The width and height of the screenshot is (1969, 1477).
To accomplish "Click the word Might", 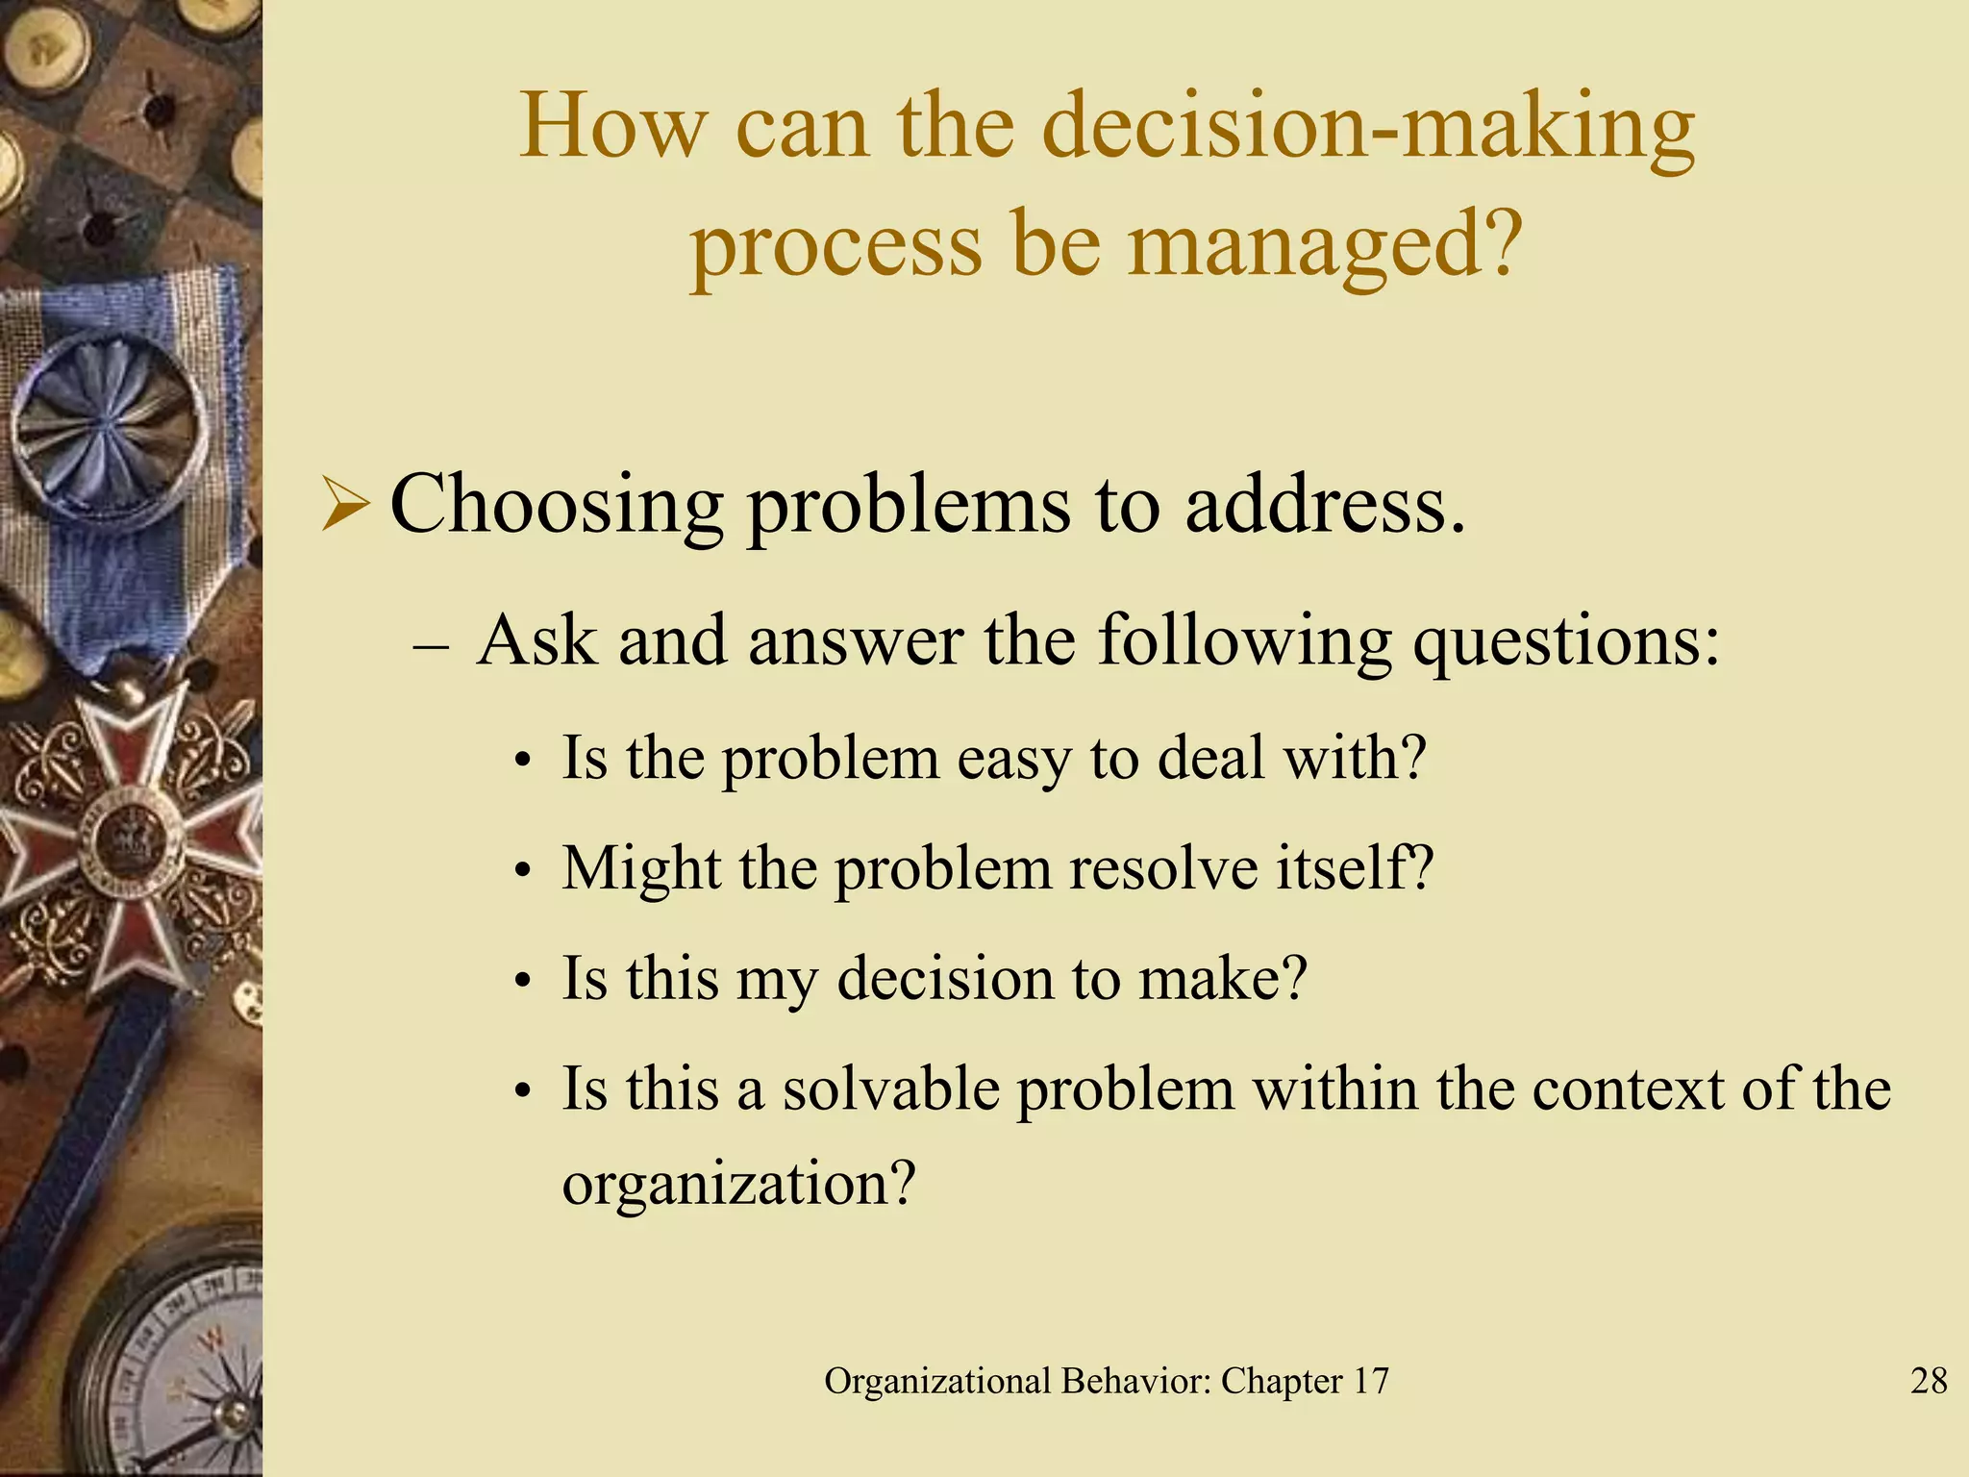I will [x=641, y=868].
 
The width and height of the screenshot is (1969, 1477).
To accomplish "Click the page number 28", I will [x=1928, y=1381].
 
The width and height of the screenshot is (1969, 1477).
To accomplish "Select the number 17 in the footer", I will [x=1371, y=1381].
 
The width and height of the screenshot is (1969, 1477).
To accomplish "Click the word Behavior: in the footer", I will [x=1136, y=1381].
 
